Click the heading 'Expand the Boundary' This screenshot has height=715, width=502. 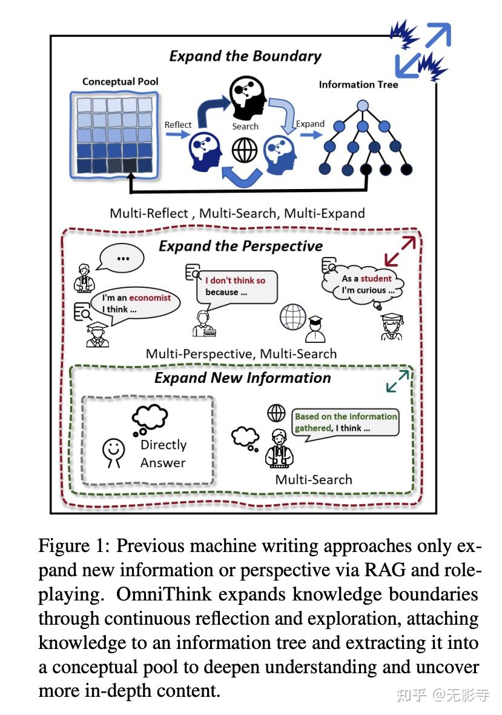[245, 56]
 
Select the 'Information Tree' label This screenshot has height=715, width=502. [358, 85]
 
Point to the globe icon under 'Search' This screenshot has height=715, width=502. [245, 151]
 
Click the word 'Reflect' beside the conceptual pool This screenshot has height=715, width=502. [178, 125]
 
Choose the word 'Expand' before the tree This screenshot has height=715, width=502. [310, 124]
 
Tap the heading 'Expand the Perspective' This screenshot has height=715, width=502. [240, 246]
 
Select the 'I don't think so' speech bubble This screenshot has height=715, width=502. [236, 286]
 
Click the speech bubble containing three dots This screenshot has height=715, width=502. [124, 258]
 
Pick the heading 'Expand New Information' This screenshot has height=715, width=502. [242, 378]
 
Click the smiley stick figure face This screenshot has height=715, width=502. [113, 450]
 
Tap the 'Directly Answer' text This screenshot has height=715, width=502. [163, 453]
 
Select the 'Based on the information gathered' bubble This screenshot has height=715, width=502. [345, 422]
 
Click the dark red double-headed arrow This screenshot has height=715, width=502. [400, 251]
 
